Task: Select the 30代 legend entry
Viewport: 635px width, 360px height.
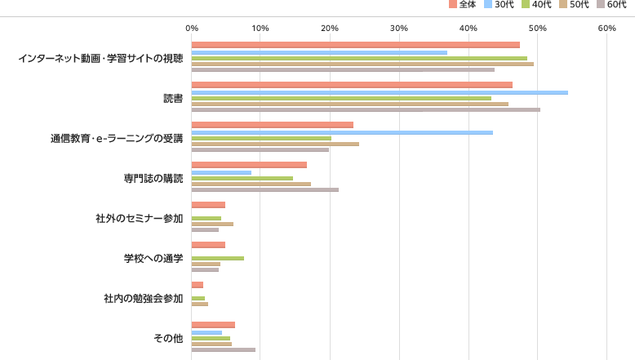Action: coord(500,5)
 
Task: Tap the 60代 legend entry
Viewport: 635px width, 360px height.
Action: coord(611,5)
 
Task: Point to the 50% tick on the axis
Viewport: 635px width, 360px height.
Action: coord(537,29)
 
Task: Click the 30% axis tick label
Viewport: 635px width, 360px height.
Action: coord(398,29)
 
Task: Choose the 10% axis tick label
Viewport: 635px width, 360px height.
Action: coord(260,29)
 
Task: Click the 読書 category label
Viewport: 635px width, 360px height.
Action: coord(172,98)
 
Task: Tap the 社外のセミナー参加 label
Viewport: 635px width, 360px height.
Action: coord(139,218)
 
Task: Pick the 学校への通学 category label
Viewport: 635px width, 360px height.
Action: coord(153,258)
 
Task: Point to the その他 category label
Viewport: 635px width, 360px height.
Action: coord(168,338)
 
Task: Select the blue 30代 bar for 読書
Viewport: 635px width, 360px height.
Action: coord(380,92)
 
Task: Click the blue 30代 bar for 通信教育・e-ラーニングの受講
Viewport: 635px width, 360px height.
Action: coord(342,132)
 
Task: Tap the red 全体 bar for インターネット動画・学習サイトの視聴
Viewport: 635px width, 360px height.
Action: coord(355,45)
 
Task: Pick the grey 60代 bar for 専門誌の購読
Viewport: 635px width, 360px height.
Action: coord(265,189)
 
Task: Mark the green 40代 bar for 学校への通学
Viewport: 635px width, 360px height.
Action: coord(218,258)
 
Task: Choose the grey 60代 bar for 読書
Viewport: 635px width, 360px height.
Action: coord(366,109)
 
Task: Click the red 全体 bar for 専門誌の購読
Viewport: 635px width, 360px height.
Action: coord(249,165)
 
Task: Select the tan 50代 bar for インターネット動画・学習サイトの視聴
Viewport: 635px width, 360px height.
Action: coord(362,64)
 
